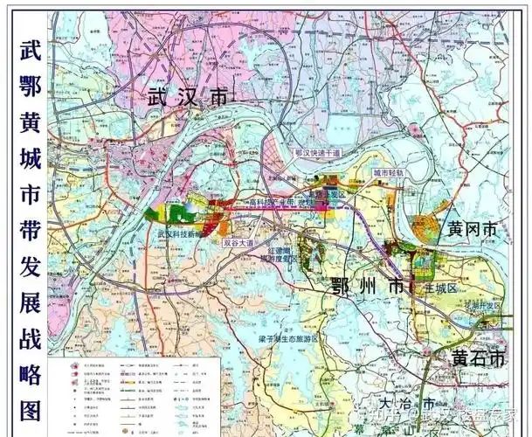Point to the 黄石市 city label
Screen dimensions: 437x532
coord(478,358)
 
